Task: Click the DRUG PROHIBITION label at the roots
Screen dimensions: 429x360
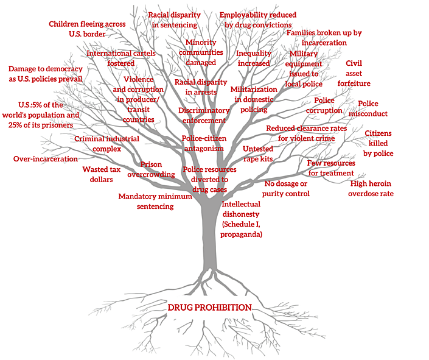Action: tap(209, 308)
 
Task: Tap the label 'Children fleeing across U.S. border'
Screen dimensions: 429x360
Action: tap(87, 29)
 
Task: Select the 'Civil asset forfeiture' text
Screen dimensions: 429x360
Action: tap(354, 74)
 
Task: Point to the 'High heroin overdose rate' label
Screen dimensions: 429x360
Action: tap(371, 188)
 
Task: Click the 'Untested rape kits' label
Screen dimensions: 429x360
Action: tap(258, 154)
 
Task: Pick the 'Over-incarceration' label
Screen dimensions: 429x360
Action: tap(46, 159)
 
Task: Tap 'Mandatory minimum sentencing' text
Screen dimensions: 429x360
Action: tap(155, 202)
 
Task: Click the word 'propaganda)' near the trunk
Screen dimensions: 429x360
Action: tap(241, 235)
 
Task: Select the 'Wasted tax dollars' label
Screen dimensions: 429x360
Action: tap(102, 174)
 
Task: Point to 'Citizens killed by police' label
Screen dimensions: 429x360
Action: tap(378, 143)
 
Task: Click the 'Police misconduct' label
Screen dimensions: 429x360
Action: tap(368, 109)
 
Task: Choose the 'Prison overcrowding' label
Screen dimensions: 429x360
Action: tap(151, 169)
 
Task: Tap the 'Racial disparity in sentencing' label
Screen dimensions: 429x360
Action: tap(174, 19)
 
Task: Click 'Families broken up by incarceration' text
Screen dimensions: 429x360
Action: tap(324, 38)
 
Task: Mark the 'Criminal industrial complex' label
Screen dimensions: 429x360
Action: tap(106, 144)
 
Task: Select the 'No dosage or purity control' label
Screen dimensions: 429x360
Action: tap(286, 188)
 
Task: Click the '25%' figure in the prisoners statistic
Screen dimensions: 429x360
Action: tap(15, 125)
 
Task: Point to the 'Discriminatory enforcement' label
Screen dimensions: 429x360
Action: tap(204, 115)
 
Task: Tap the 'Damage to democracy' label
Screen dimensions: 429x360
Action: tap(46, 69)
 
